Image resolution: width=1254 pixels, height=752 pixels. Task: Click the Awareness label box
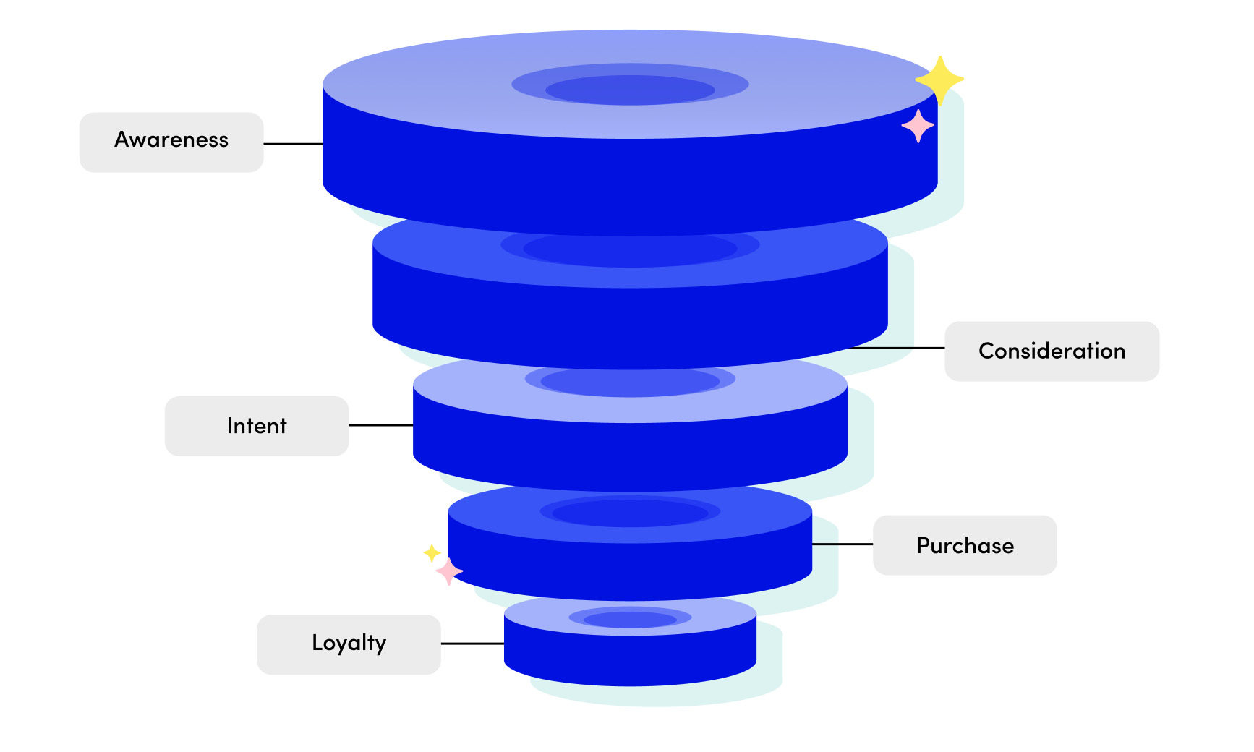[171, 142]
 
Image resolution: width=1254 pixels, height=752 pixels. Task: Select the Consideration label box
[1052, 351]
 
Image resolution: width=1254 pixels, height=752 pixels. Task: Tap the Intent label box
[257, 426]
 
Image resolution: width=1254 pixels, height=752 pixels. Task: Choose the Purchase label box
[965, 545]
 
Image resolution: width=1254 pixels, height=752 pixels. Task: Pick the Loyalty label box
[349, 644]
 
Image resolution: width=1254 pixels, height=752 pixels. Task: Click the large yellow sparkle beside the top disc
[939, 80]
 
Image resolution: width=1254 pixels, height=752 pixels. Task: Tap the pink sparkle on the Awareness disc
[918, 127]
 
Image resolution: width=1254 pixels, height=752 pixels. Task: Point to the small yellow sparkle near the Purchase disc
[432, 553]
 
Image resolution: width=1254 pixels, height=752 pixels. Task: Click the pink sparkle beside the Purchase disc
[449, 571]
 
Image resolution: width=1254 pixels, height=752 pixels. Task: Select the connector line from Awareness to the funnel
[293, 144]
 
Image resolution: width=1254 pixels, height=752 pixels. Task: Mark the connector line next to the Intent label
[380, 425]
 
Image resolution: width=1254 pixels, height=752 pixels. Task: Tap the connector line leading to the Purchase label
[843, 544]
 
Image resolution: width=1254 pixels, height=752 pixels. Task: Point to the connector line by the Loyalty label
[472, 644]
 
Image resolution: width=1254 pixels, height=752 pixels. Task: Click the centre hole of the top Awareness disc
[630, 90]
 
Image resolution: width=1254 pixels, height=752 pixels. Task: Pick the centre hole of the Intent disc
[630, 381]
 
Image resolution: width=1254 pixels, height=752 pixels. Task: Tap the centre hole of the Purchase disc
[630, 513]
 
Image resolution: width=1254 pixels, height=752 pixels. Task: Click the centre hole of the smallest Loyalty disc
[630, 620]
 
